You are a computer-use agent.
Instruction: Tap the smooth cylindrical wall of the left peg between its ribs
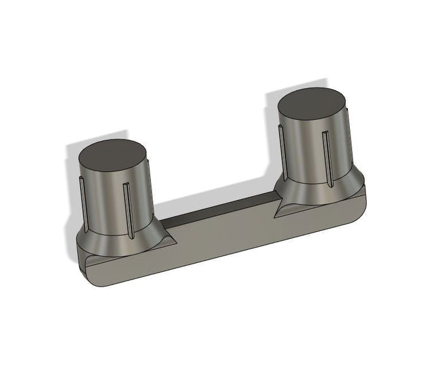coord(104,202)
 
